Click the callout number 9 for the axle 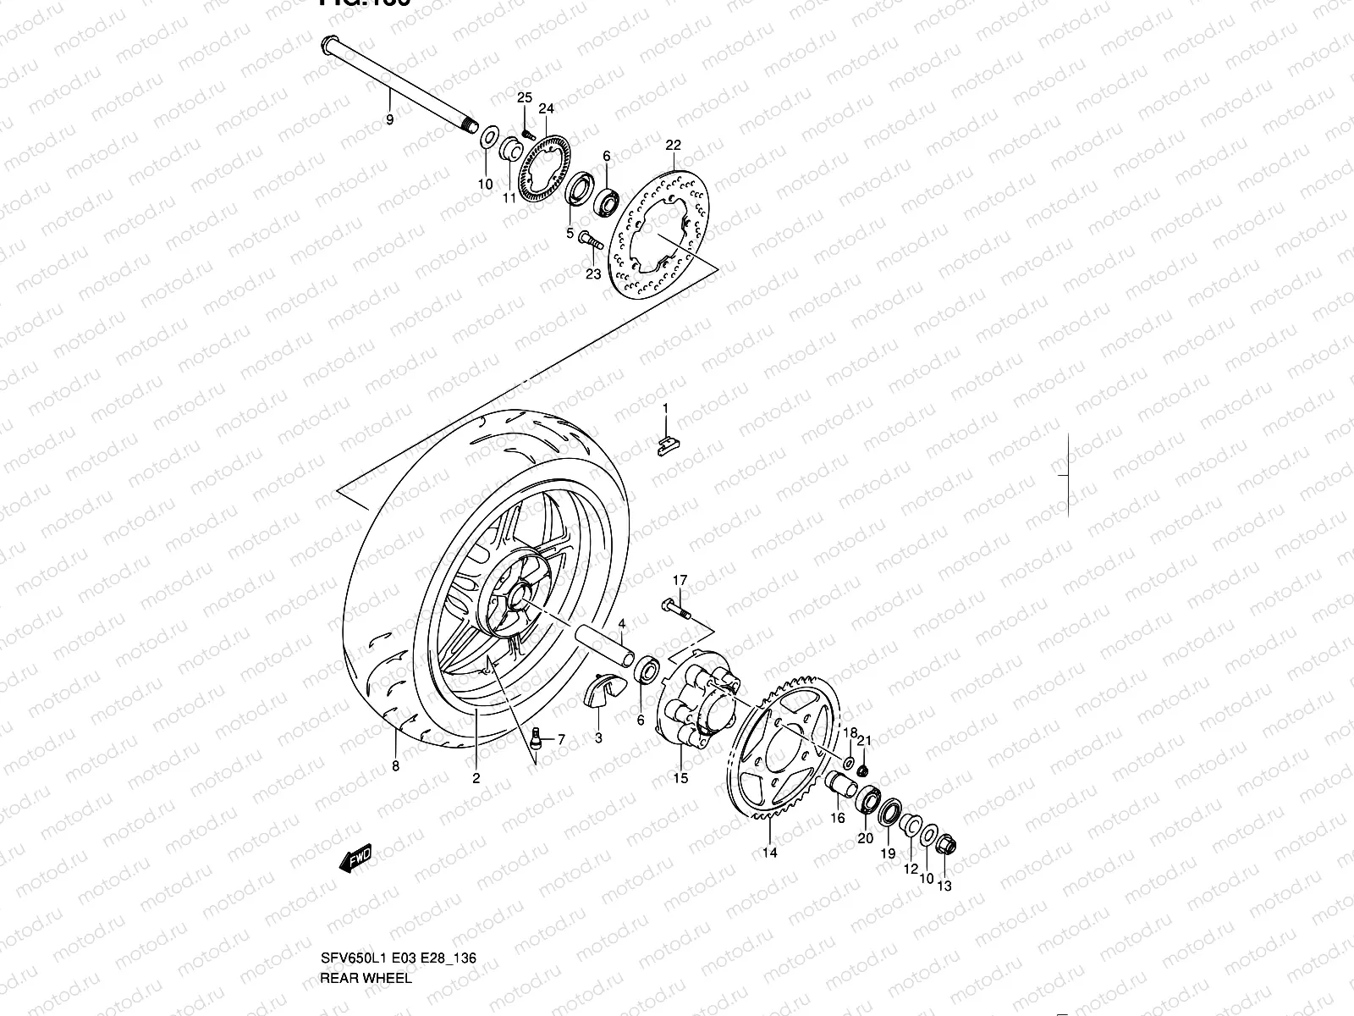(x=389, y=120)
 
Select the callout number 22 (x=673, y=145)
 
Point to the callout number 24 (x=546, y=108)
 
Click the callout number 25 (x=525, y=98)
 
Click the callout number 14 (x=770, y=853)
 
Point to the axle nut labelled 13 (x=946, y=843)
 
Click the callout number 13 (x=945, y=886)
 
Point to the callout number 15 (x=680, y=778)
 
